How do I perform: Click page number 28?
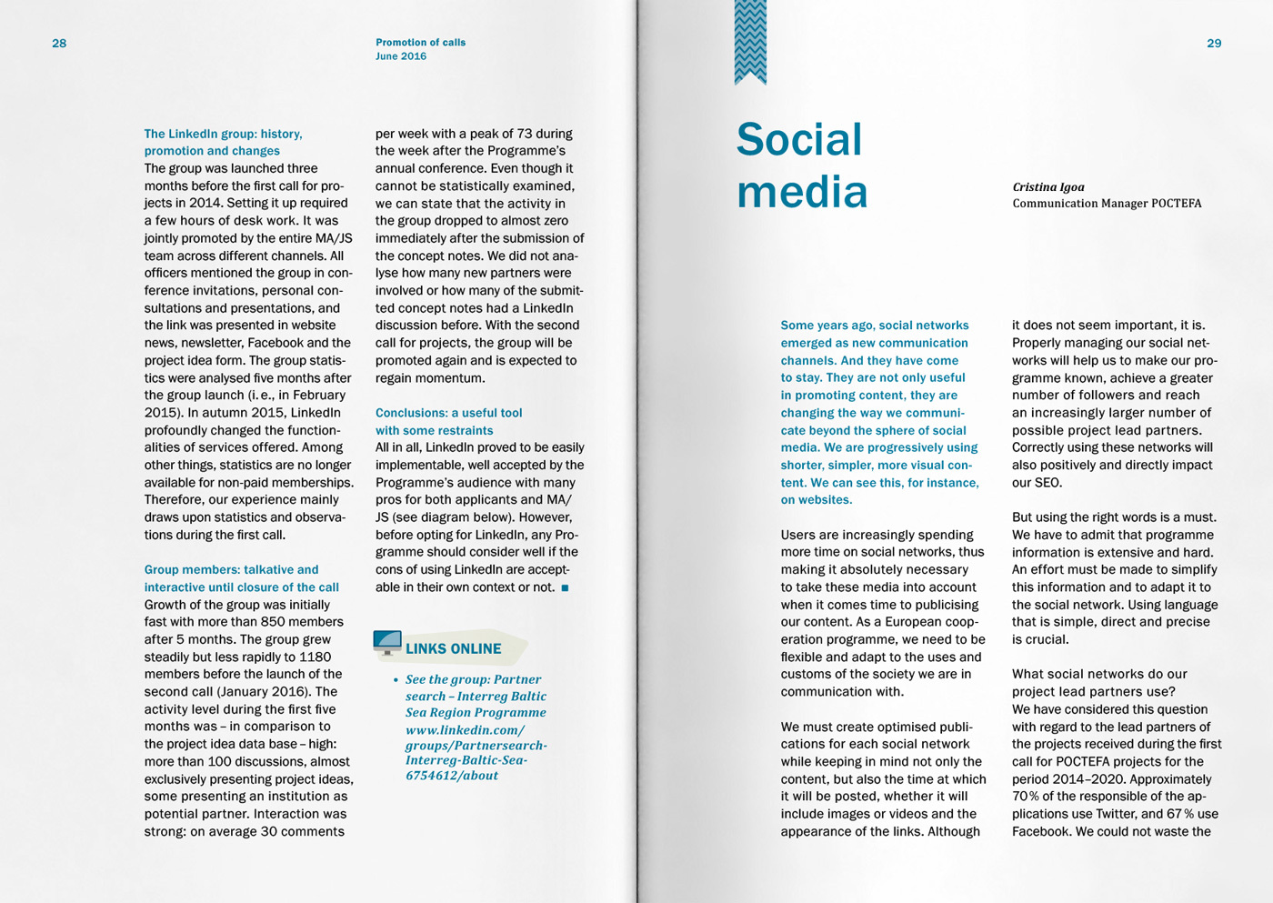(59, 44)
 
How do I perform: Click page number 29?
(1214, 44)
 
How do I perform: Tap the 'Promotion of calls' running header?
(420, 43)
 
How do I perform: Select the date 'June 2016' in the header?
(401, 56)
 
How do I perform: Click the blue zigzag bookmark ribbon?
(750, 42)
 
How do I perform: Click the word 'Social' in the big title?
(798, 140)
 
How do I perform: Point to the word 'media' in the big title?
(801, 192)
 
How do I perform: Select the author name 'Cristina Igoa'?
(1048, 187)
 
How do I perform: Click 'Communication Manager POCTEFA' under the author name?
(1107, 204)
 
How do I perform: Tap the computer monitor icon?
(387, 643)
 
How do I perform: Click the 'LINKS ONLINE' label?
(453, 649)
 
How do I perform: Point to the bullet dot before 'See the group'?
(396, 680)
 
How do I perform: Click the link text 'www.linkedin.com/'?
(465, 730)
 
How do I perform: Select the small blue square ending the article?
(565, 588)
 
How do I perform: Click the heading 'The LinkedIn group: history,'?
(223, 134)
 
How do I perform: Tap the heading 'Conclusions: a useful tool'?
(448, 413)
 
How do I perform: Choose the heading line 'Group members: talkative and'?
(231, 570)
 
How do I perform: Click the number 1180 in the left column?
(315, 657)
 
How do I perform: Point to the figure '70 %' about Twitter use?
(1026, 797)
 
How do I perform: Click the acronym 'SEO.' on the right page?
(1047, 483)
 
